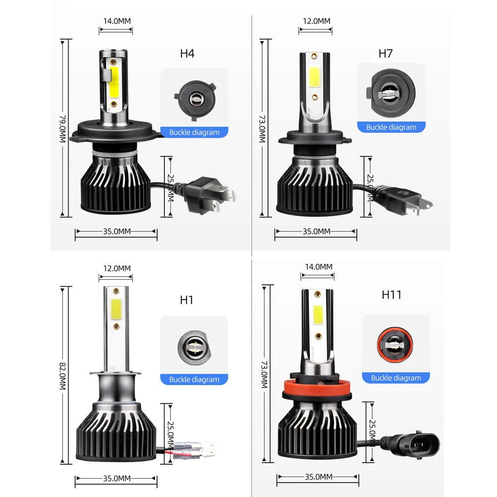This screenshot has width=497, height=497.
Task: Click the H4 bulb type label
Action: click(187, 54)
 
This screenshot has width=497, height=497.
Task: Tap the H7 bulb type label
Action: click(385, 53)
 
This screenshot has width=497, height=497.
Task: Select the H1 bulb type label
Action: click(187, 300)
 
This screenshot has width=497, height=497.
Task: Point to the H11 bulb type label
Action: click(391, 295)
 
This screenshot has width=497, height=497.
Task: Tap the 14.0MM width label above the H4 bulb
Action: click(116, 21)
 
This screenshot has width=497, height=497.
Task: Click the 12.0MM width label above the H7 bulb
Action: click(317, 21)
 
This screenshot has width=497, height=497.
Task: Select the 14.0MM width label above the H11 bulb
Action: click(319, 266)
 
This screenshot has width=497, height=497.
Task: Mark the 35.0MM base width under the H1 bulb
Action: click(117, 478)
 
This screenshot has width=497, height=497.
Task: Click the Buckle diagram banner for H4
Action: click(194, 132)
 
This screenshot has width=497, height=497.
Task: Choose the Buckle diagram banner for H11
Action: click(396, 378)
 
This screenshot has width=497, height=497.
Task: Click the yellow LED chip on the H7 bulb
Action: click(314, 76)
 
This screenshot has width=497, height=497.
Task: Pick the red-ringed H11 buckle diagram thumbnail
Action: click(396, 343)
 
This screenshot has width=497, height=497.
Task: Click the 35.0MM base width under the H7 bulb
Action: click(317, 231)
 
